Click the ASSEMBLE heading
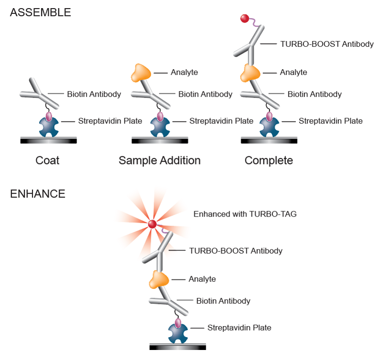click(40, 13)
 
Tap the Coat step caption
click(48, 160)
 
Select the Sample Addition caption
click(159, 160)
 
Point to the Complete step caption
click(269, 160)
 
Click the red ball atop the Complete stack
click(245, 19)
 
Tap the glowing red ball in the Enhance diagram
click(153, 224)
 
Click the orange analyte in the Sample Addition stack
click(141, 73)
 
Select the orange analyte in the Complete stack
click(250, 73)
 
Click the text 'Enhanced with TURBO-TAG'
click(245, 214)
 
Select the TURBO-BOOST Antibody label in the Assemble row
click(327, 44)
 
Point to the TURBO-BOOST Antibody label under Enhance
click(236, 251)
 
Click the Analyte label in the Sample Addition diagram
click(184, 72)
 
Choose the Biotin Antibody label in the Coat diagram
click(94, 94)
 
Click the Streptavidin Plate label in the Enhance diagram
click(239, 328)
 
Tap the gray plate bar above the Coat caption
click(49, 140)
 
